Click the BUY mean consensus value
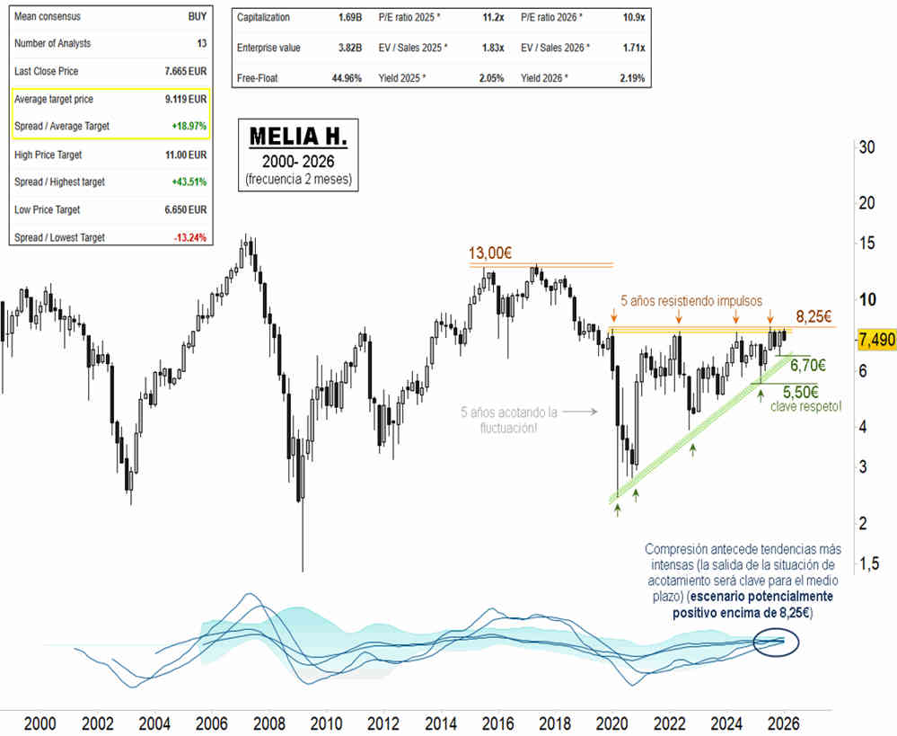[x=196, y=15]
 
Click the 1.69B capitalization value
[x=348, y=17]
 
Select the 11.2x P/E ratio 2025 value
[x=485, y=17]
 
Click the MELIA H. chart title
[x=298, y=137]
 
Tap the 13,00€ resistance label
[x=490, y=253]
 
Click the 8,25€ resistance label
[x=814, y=316]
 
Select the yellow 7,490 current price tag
[x=875, y=339]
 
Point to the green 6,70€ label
[x=808, y=366]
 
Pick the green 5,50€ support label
[x=801, y=392]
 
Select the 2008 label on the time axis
[x=268, y=723]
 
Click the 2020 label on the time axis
[x=612, y=723]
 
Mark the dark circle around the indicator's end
[x=775, y=641]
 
